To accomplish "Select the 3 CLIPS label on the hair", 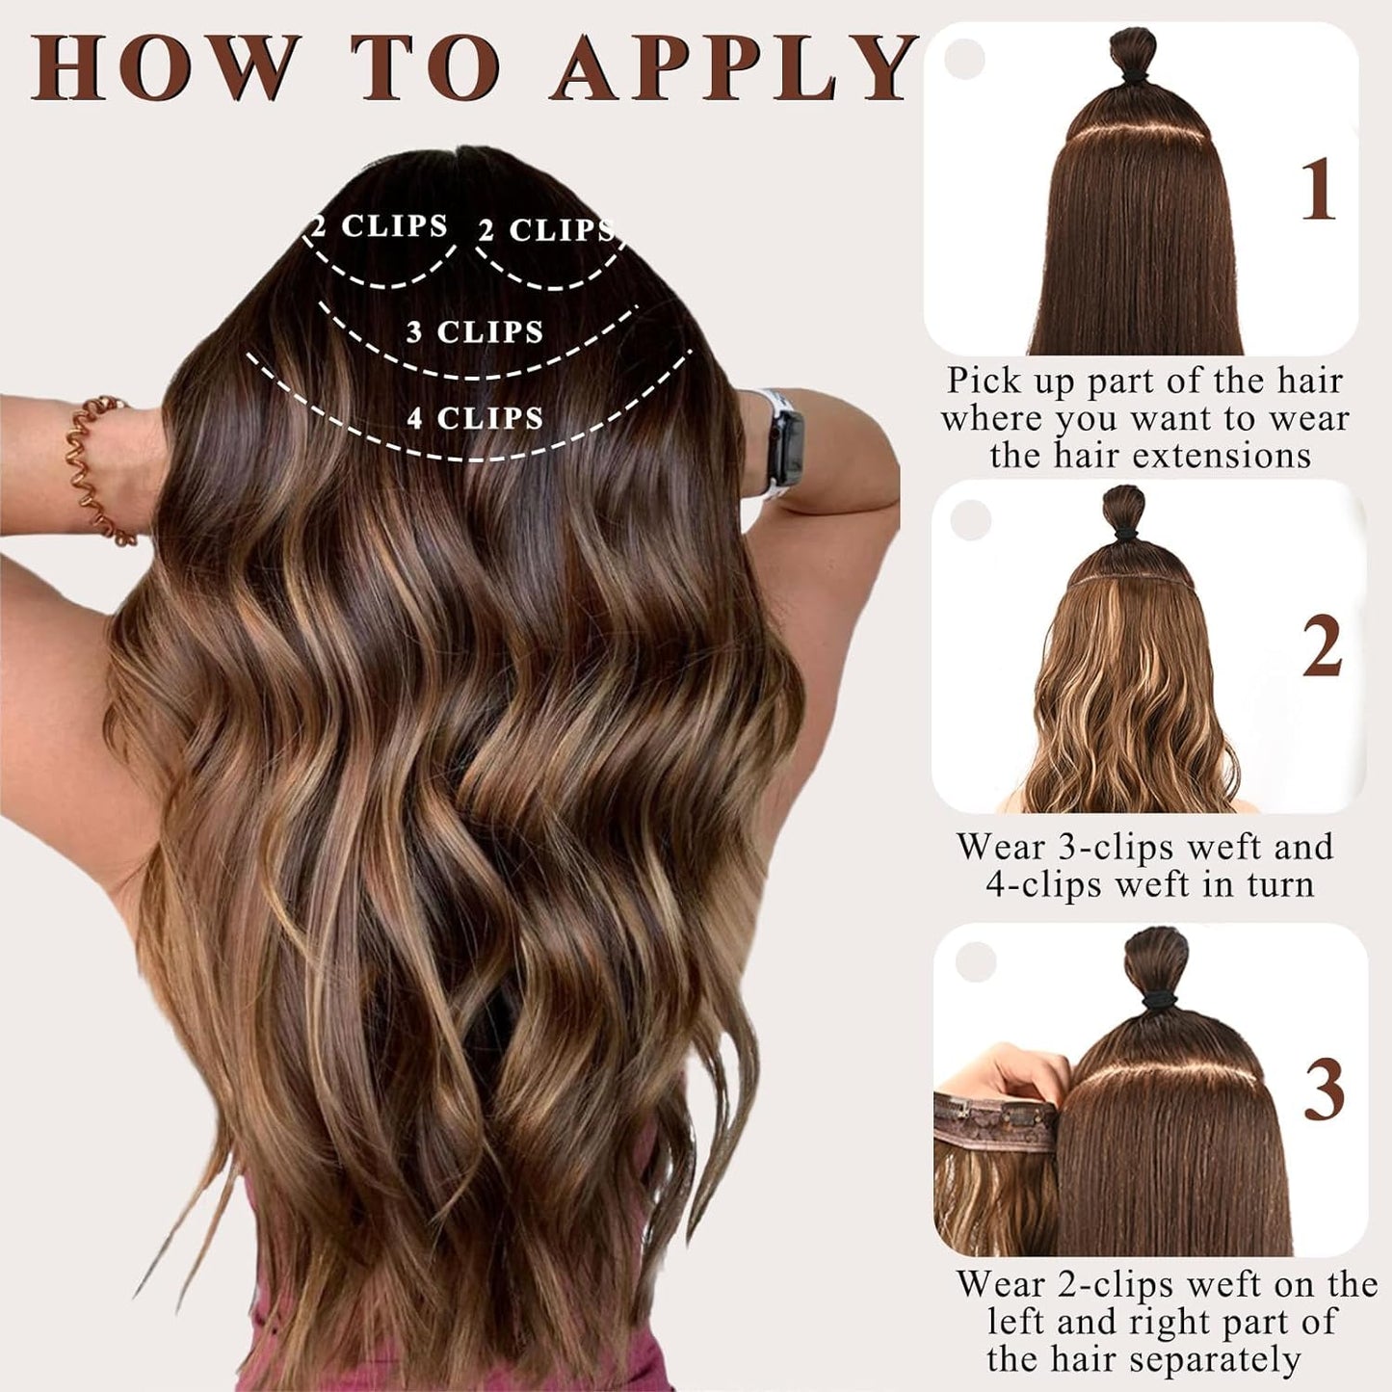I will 475,331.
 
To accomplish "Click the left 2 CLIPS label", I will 380,226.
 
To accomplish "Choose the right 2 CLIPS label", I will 546,230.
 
